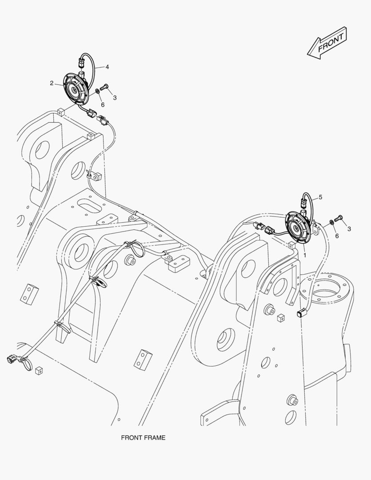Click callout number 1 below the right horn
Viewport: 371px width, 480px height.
click(x=305, y=256)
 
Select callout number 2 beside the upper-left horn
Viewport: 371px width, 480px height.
click(x=52, y=83)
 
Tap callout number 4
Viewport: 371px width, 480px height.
click(x=107, y=67)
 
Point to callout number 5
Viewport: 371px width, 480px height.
click(x=320, y=197)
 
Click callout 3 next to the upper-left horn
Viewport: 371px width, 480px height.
click(x=115, y=97)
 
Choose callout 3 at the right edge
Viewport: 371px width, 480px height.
click(x=349, y=229)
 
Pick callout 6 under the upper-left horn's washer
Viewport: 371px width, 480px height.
click(x=102, y=104)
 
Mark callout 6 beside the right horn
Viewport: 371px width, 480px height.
click(x=337, y=236)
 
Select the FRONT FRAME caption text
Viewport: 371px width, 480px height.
click(x=143, y=438)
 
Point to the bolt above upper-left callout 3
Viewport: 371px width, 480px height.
click(x=105, y=87)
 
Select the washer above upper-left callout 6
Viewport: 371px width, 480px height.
click(x=97, y=92)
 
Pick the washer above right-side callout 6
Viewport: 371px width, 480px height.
click(x=332, y=222)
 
